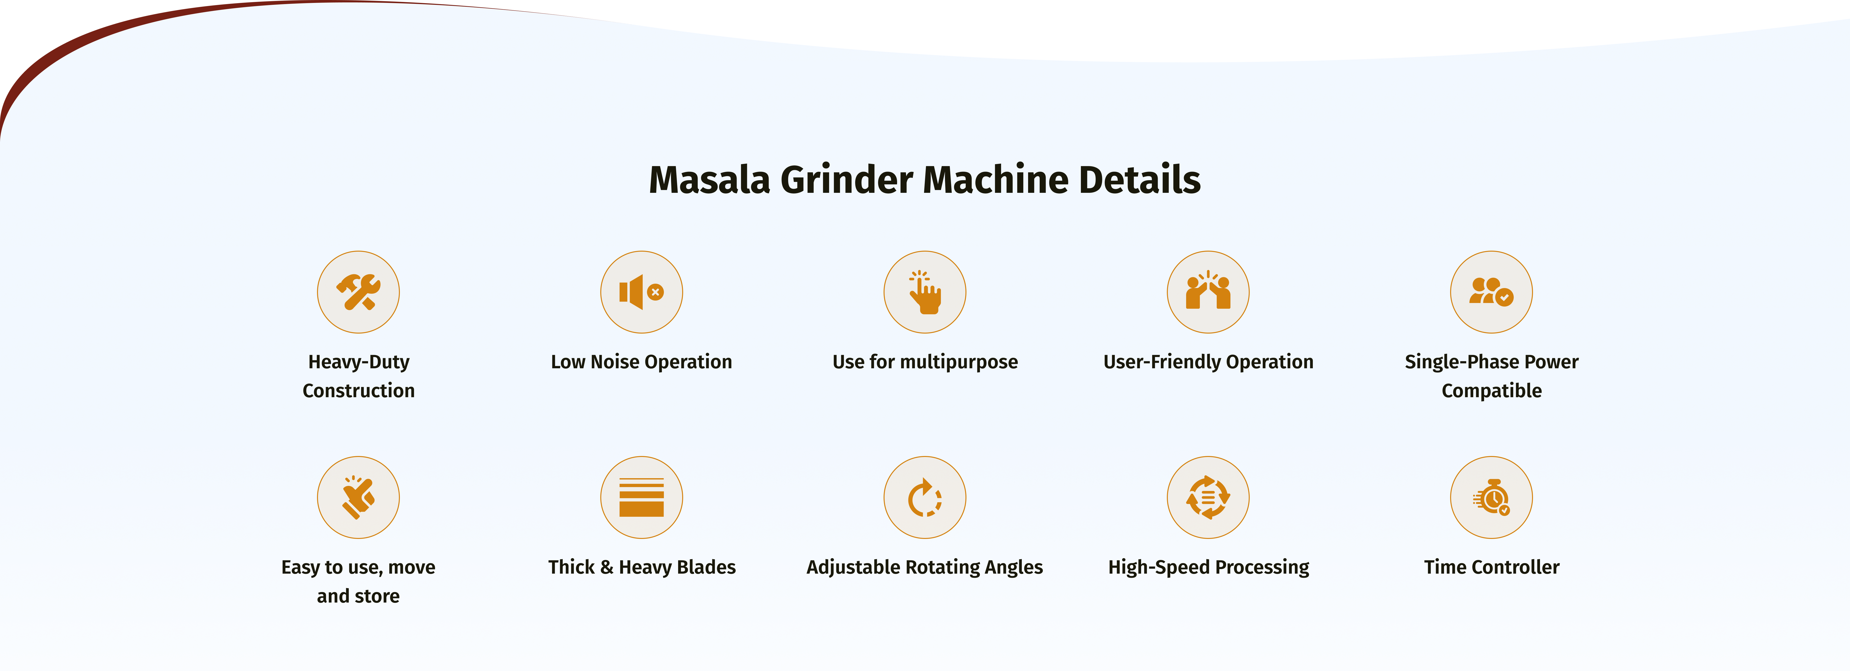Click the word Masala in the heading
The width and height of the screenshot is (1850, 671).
click(710, 180)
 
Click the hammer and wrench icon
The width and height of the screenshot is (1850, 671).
click(358, 292)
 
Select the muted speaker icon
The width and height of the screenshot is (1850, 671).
click(641, 292)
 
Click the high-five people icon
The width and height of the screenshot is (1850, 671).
click(1208, 292)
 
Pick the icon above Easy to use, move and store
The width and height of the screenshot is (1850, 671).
click(358, 497)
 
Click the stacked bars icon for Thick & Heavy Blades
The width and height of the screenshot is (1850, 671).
click(641, 497)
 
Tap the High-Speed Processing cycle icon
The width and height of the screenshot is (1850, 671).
click(1208, 497)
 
